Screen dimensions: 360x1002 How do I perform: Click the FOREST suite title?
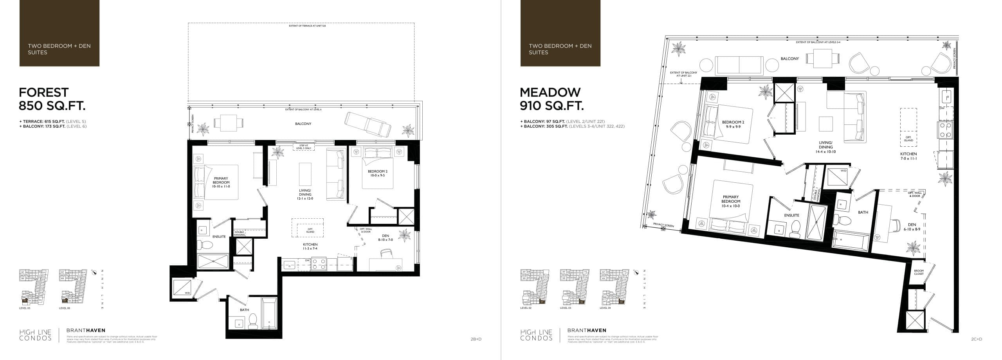[x=44, y=92]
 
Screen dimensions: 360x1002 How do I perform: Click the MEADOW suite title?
[x=550, y=92]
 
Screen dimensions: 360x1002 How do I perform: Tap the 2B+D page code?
[x=476, y=339]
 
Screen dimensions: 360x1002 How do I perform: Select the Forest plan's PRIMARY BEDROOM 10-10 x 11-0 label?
[x=221, y=183]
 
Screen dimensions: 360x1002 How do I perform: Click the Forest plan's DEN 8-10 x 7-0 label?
[x=386, y=238]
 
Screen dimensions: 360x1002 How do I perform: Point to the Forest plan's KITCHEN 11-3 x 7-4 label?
[x=310, y=246]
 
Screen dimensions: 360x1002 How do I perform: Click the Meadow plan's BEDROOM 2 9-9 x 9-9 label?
[x=733, y=124]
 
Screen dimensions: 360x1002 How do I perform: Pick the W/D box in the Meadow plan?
[x=838, y=176]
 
